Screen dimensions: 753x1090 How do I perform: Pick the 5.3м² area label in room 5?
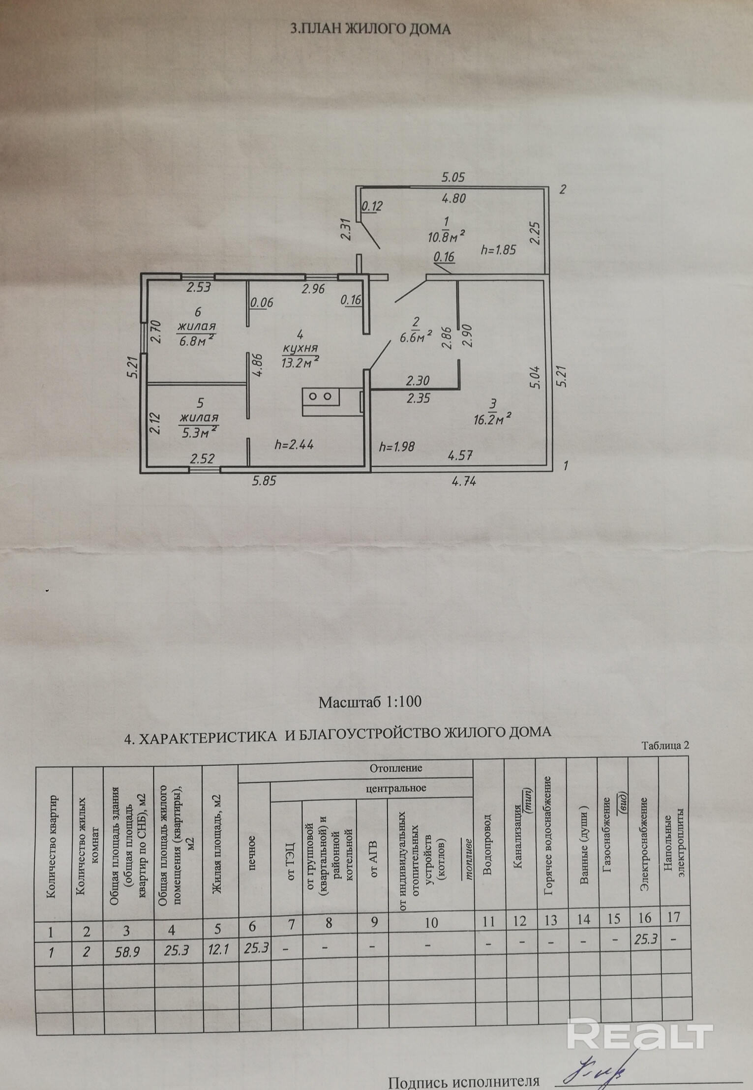[x=199, y=432]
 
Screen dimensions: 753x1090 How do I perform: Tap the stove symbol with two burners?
[x=321, y=396]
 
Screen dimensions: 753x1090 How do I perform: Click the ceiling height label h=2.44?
[x=294, y=445]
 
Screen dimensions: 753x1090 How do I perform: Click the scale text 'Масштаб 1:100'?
[x=370, y=701]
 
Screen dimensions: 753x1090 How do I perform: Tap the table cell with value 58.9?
[x=127, y=951]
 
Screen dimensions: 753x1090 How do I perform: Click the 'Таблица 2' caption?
[x=665, y=745]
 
